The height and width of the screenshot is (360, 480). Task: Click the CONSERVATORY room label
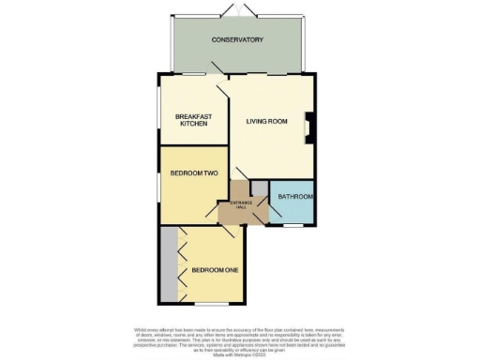(236, 39)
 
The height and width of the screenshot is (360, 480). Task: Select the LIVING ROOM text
(266, 122)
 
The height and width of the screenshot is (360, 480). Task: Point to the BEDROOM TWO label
(193, 173)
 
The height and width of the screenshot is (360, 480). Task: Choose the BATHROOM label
(293, 197)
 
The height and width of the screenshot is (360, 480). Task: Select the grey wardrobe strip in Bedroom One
(168, 265)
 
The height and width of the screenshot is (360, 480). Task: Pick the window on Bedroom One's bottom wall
(209, 305)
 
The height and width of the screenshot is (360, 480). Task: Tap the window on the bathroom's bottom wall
(293, 225)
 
